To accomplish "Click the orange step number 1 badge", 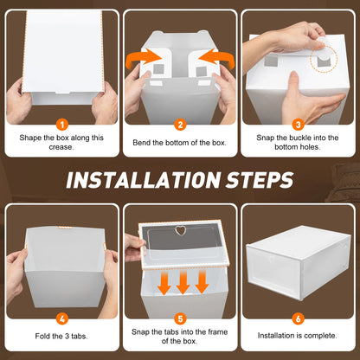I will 61,124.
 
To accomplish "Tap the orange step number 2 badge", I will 180,124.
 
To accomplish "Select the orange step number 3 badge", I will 299,124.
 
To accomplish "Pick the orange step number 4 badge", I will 61,317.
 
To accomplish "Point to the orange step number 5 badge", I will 180,317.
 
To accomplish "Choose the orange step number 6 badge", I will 299,317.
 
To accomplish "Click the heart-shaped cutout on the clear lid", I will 181,232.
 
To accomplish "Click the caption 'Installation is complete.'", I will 299,335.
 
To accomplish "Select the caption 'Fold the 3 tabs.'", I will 61,335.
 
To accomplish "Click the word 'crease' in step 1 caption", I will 61,147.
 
